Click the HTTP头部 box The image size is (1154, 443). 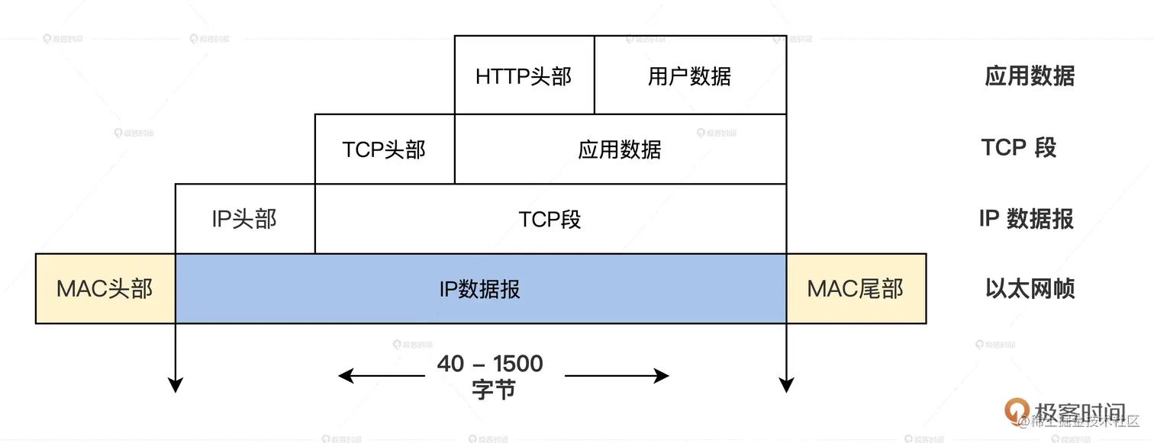[x=524, y=75]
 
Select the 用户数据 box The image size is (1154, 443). [x=690, y=75]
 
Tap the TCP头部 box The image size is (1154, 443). [x=384, y=149]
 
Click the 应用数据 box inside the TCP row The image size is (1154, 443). [x=620, y=149]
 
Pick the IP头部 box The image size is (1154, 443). [x=244, y=219]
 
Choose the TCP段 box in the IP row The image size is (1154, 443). [x=550, y=219]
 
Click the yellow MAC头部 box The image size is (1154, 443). [x=105, y=288]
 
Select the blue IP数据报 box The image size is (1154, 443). [x=480, y=288]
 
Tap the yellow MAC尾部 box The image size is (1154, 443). [x=856, y=288]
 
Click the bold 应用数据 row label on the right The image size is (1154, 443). [x=1030, y=75]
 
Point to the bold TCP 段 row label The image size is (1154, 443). [x=1019, y=147]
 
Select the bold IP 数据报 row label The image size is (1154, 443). [x=1026, y=219]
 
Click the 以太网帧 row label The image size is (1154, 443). [x=1030, y=289]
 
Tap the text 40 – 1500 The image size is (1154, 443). [x=490, y=364]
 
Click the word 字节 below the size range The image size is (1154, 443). [x=494, y=390]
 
